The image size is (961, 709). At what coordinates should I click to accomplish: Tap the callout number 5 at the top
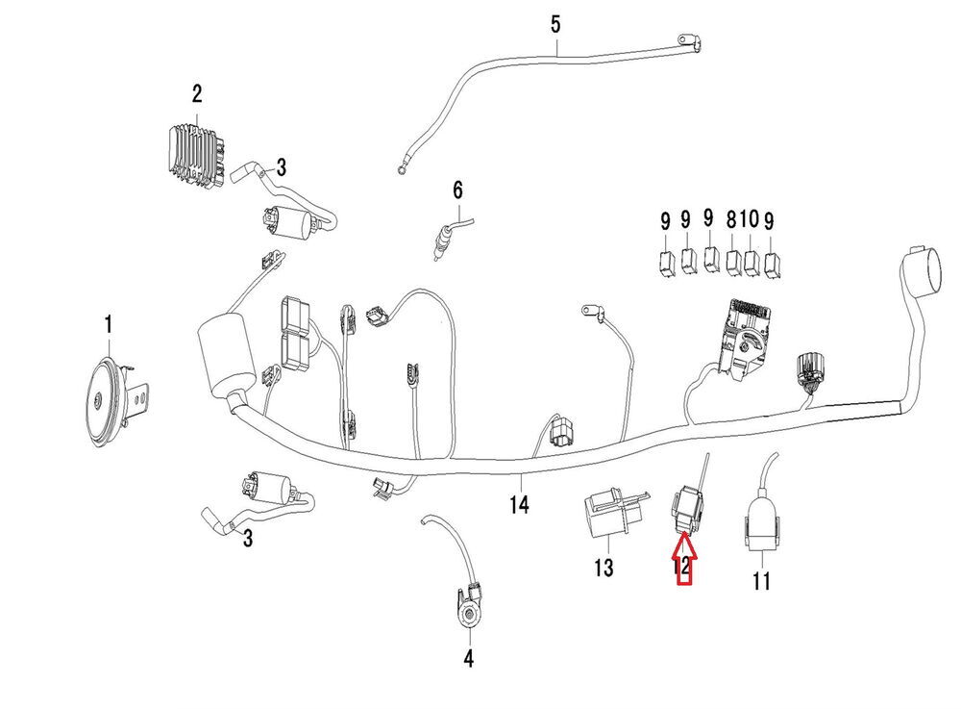[555, 24]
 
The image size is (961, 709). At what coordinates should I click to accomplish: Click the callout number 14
[519, 504]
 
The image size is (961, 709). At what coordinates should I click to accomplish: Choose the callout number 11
[761, 581]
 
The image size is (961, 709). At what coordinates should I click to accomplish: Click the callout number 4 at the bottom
[468, 659]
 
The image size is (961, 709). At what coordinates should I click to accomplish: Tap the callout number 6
[457, 190]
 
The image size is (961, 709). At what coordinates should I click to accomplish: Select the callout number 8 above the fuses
[733, 220]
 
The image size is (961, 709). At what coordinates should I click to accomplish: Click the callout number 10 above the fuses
[751, 220]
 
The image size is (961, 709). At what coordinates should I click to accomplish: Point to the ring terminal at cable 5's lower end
[400, 170]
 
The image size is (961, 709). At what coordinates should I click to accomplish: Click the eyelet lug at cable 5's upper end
[684, 40]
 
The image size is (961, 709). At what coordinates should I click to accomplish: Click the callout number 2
[197, 94]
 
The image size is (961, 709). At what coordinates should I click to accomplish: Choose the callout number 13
[603, 569]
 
